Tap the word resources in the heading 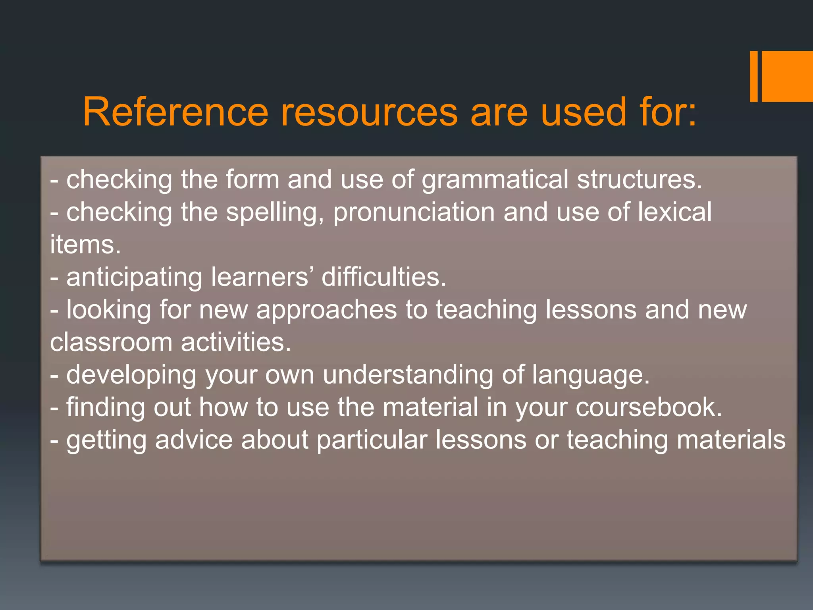point(370,112)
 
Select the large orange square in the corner point(787,76)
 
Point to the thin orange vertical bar point(753,76)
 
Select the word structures point(640,180)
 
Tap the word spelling point(275,213)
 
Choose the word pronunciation point(414,213)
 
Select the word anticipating point(134,278)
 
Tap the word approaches point(326,311)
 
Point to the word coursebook point(649,407)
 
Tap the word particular point(372,440)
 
